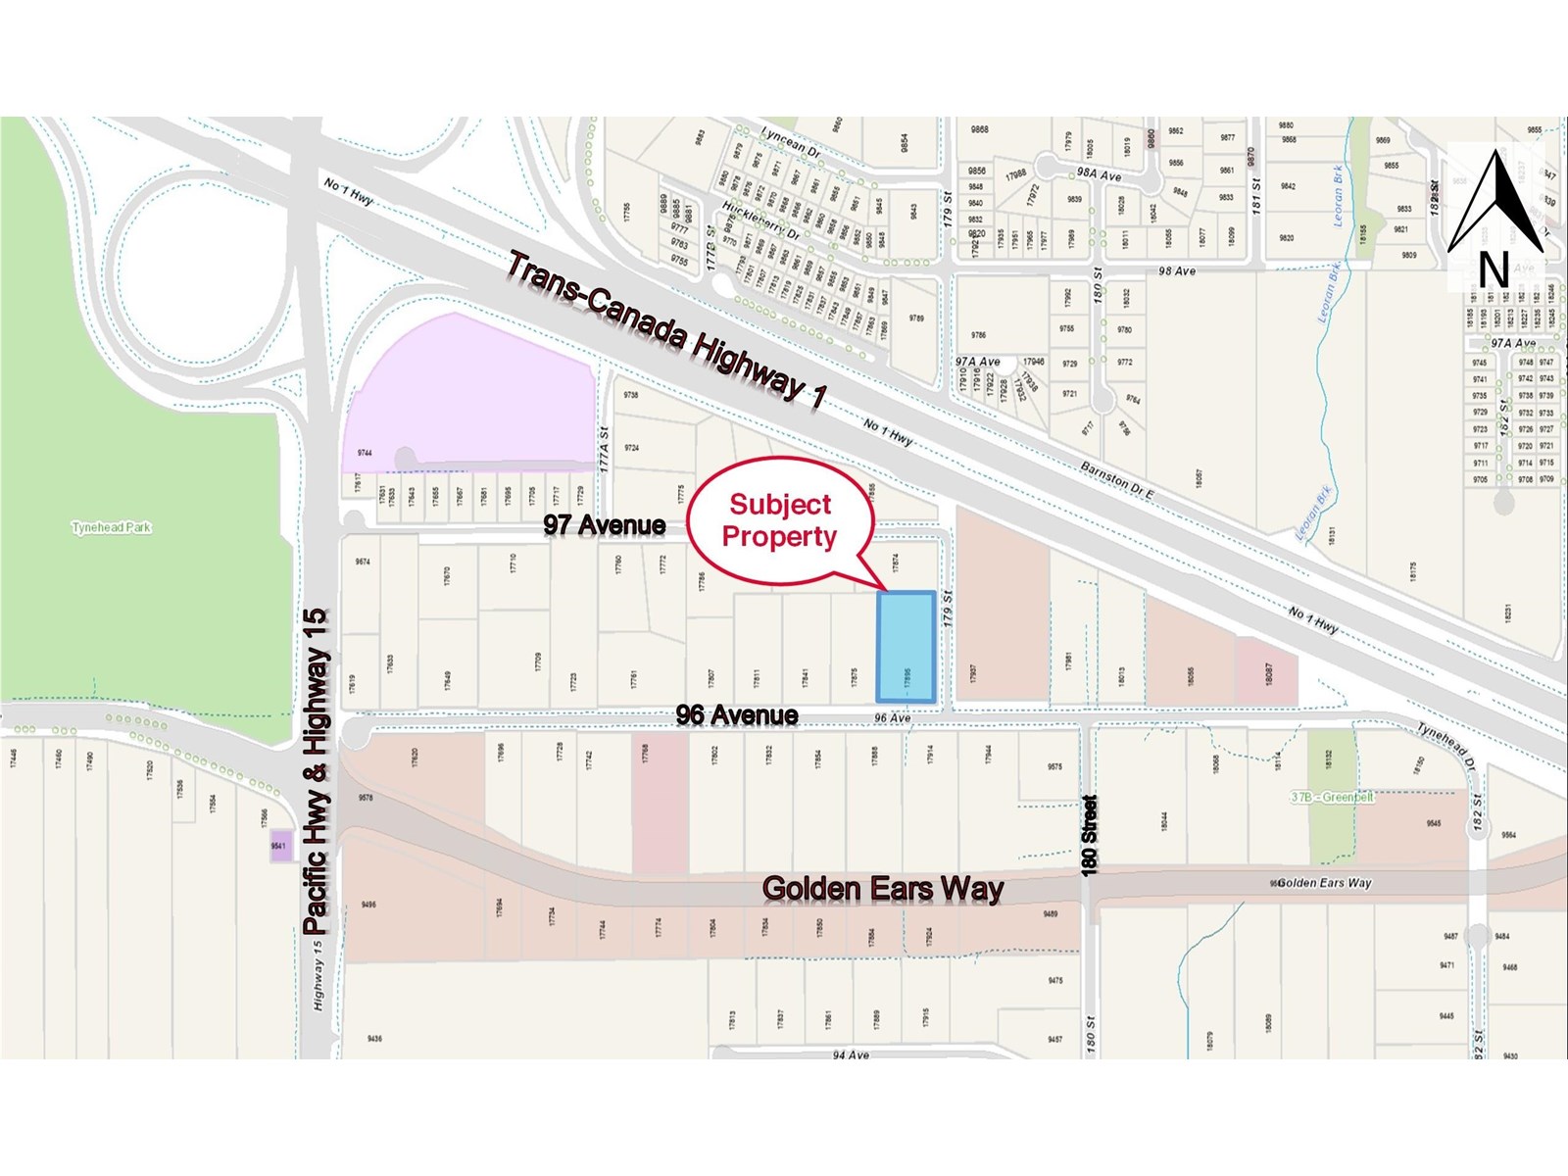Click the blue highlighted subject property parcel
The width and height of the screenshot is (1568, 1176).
905,647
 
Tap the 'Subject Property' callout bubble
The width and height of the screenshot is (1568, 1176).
780,520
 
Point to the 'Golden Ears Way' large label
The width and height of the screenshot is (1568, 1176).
883,889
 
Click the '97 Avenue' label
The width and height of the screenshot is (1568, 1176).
605,525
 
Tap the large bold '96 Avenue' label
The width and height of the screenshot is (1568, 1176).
737,715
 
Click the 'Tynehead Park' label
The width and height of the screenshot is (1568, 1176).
112,527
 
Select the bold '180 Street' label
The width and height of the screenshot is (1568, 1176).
1090,834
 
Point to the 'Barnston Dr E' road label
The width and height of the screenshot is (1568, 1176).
1116,479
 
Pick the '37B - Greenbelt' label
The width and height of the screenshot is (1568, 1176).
1332,797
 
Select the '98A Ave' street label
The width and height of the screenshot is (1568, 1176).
1099,174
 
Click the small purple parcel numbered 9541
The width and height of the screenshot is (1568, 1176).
280,847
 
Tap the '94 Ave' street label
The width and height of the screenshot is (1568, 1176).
851,1054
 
